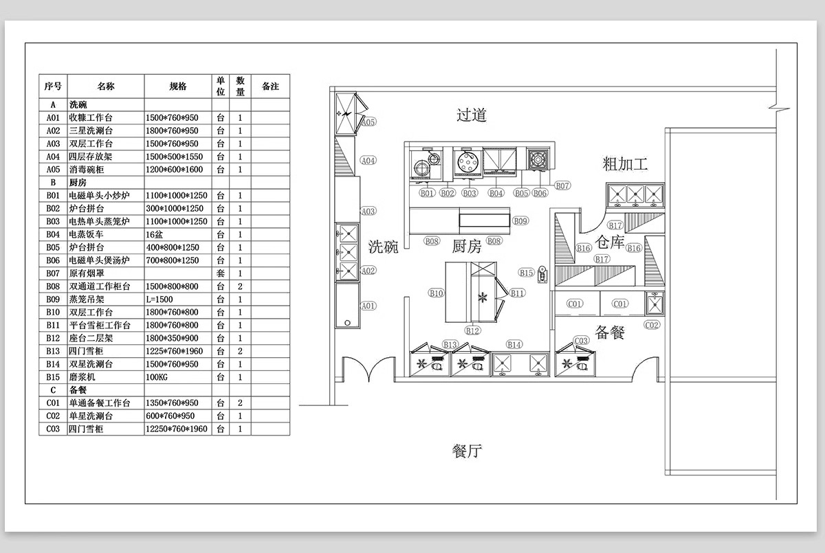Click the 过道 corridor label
(471, 115)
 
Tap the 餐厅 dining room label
(467, 451)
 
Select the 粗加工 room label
(625, 163)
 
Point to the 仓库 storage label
(610, 242)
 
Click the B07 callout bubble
(562, 185)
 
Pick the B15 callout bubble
(527, 273)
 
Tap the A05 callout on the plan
(368, 122)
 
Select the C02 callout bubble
(652, 325)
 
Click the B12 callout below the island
(472, 330)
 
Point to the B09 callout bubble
(520, 221)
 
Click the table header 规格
(178, 86)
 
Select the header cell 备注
(270, 86)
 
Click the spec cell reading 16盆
(154, 234)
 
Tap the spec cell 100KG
(157, 377)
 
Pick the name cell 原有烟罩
(87, 273)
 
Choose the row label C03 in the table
(53, 429)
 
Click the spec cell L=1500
(159, 299)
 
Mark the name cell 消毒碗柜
(87, 169)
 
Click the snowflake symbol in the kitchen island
(483, 297)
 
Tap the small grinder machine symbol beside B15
(542, 275)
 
